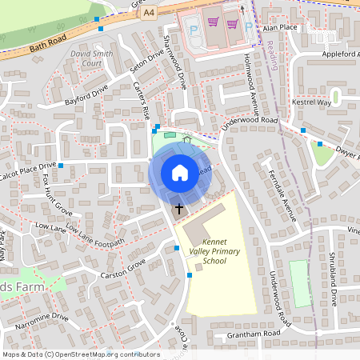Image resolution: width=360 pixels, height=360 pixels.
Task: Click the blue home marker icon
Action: [180, 173]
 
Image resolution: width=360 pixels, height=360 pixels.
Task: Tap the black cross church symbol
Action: [178, 208]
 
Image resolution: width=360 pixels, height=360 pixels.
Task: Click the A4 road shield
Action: [149, 14]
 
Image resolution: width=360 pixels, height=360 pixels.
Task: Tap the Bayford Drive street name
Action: [87, 98]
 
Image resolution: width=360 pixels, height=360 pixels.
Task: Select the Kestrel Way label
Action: [313, 102]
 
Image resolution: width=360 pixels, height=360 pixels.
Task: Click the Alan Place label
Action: [281, 26]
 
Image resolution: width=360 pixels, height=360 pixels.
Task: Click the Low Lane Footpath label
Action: [96, 237]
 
